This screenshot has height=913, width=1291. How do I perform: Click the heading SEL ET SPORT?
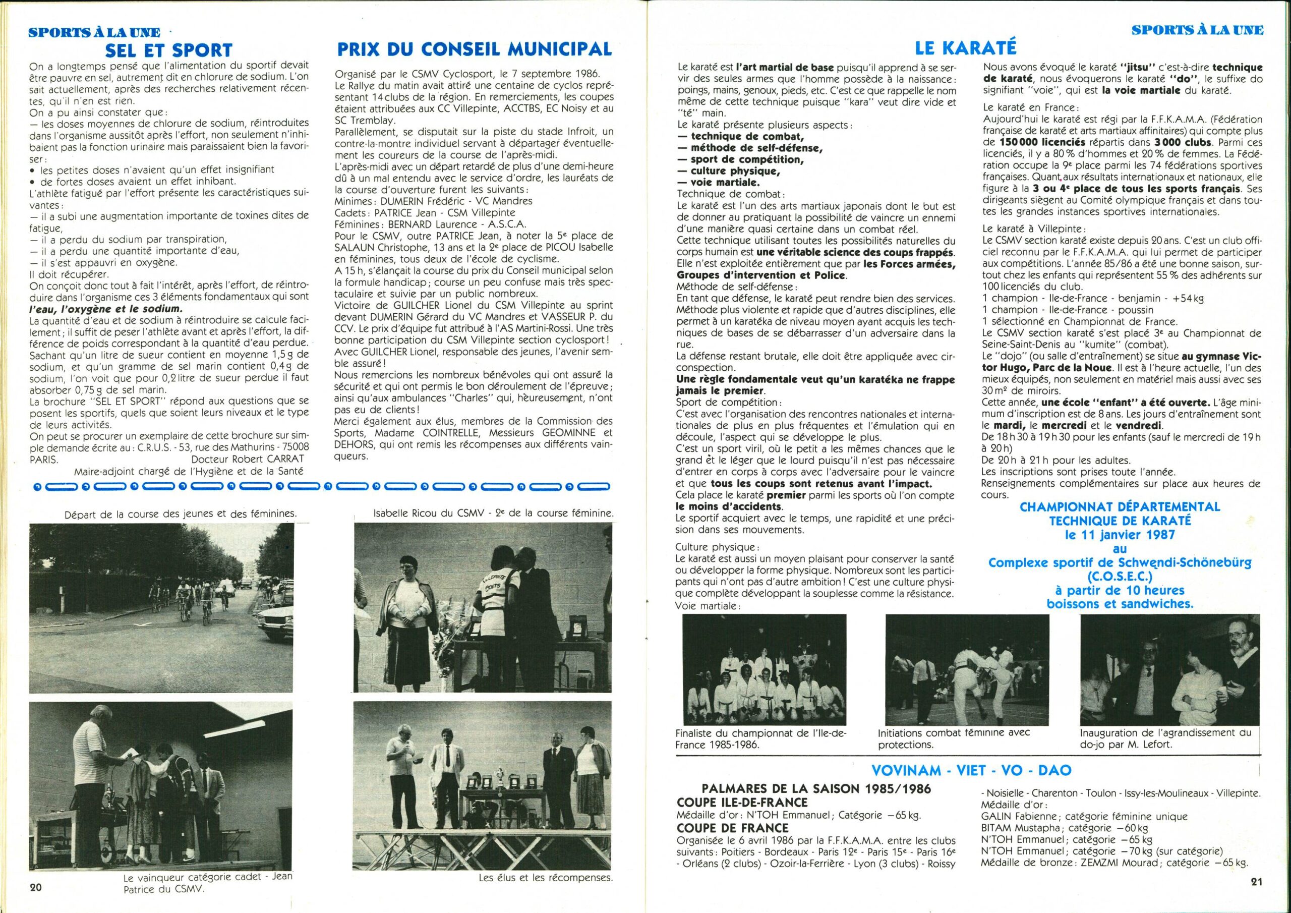[168, 50]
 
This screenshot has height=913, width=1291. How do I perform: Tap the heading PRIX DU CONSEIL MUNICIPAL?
[474, 49]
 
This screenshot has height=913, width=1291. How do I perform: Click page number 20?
[36, 888]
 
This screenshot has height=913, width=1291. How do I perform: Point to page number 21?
[1257, 882]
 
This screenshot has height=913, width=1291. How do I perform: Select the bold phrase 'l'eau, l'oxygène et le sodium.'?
[106, 309]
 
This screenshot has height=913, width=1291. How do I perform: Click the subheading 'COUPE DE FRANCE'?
[733, 828]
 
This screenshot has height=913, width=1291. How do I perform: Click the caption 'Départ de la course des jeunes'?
[181, 513]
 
